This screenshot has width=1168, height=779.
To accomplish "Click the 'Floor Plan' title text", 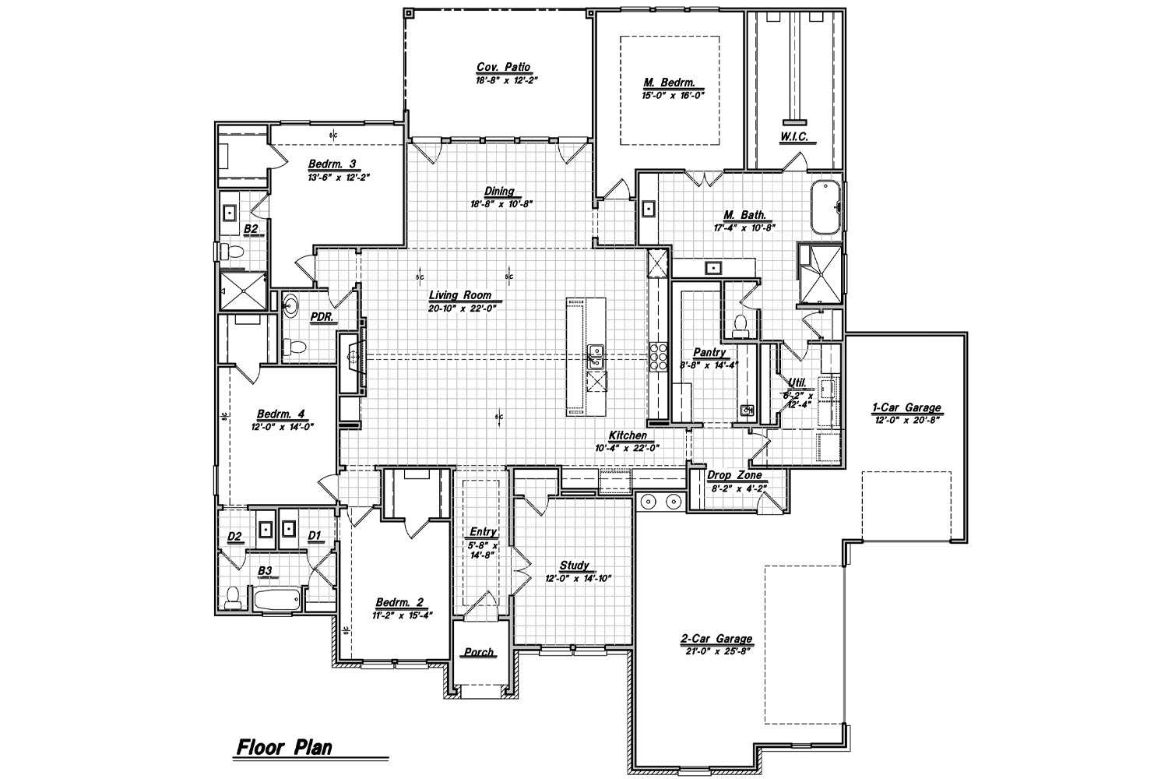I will (x=284, y=749).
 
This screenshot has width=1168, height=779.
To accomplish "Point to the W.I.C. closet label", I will (x=794, y=137).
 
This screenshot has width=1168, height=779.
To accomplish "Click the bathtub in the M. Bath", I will (x=825, y=207).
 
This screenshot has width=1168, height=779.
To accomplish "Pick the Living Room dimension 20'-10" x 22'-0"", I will (x=462, y=308).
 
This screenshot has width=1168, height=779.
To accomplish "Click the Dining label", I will (x=499, y=192).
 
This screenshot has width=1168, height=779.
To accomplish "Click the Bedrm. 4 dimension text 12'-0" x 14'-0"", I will (x=281, y=426).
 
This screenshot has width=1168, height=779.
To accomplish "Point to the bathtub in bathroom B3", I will (x=276, y=601).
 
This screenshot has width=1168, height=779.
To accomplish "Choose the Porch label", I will (x=479, y=652).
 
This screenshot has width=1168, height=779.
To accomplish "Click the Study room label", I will (x=575, y=566).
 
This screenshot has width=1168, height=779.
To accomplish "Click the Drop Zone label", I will (x=734, y=475).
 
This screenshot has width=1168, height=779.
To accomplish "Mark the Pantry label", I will (x=709, y=353).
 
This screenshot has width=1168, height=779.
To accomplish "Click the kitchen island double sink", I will (x=596, y=356).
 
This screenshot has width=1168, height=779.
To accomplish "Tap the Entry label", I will (x=484, y=532).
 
